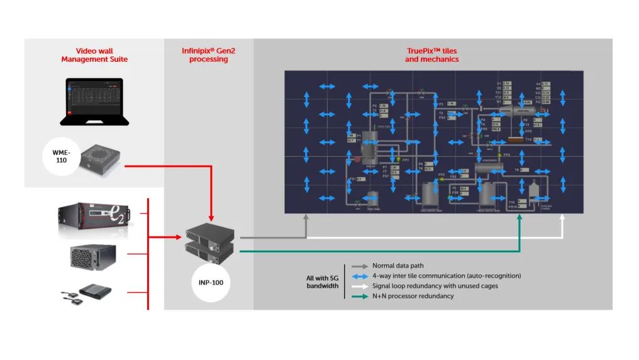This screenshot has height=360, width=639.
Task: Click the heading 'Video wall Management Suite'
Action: pyautogui.click(x=94, y=55)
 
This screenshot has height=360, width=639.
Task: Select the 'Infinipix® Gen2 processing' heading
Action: pyautogui.click(x=208, y=55)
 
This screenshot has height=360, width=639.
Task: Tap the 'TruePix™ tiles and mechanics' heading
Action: pyautogui.click(x=432, y=55)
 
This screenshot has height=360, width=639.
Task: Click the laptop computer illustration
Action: pyautogui.click(x=94, y=101)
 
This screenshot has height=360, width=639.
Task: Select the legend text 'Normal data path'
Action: pyautogui.click(x=397, y=266)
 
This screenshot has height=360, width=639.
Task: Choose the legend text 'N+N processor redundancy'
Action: pyautogui.click(x=413, y=296)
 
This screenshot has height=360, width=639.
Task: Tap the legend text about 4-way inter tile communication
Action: pyautogui.click(x=447, y=276)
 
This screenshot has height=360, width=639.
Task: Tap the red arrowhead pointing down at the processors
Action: pyautogui.click(x=211, y=216)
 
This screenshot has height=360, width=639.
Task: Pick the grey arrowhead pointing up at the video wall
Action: pyautogui.click(x=306, y=217)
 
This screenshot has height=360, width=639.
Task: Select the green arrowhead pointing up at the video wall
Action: pyautogui.click(x=520, y=217)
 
